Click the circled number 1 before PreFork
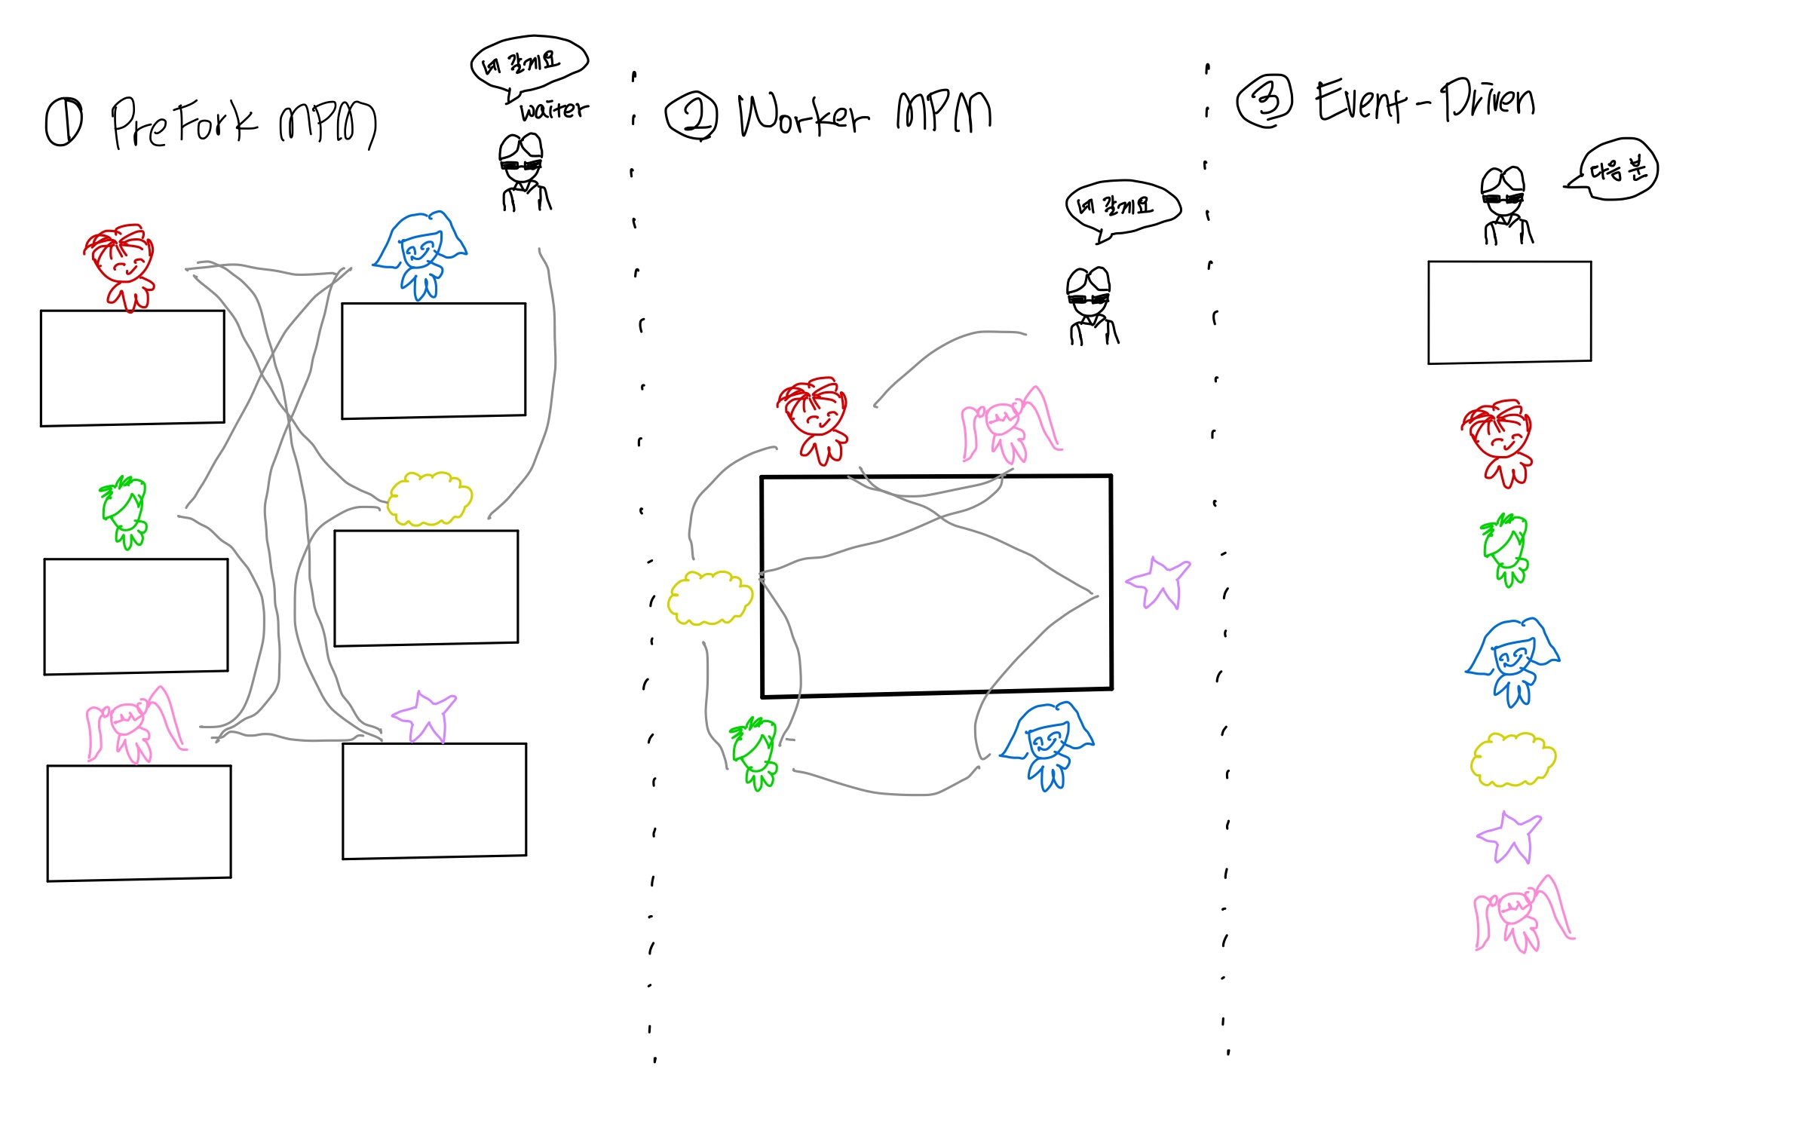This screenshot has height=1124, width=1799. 64,123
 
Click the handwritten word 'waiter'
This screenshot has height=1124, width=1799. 554,111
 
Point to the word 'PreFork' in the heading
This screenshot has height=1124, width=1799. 184,123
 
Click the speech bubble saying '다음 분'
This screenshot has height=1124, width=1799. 1616,170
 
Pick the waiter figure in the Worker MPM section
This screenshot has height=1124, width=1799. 1090,306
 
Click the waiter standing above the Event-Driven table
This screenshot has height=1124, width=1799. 1505,206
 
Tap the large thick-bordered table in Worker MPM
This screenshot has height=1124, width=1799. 936,586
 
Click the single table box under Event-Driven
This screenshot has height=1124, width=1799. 1509,312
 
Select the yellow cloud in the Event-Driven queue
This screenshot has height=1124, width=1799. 1512,760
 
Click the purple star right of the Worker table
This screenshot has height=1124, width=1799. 1159,583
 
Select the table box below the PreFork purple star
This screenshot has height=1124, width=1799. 434,801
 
